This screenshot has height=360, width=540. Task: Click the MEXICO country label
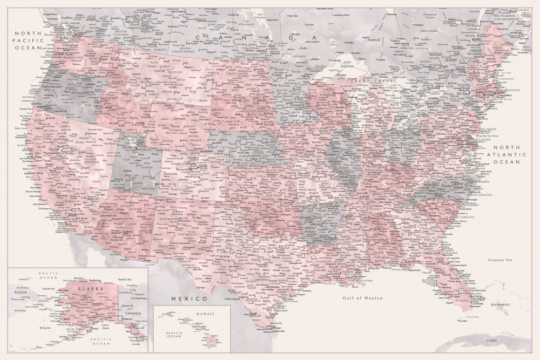(189, 298)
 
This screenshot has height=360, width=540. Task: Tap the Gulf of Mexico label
(362, 298)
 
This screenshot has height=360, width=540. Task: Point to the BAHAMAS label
(500, 305)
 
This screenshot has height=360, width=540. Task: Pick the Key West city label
(462, 321)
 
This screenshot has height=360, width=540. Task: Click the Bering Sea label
(46, 328)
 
